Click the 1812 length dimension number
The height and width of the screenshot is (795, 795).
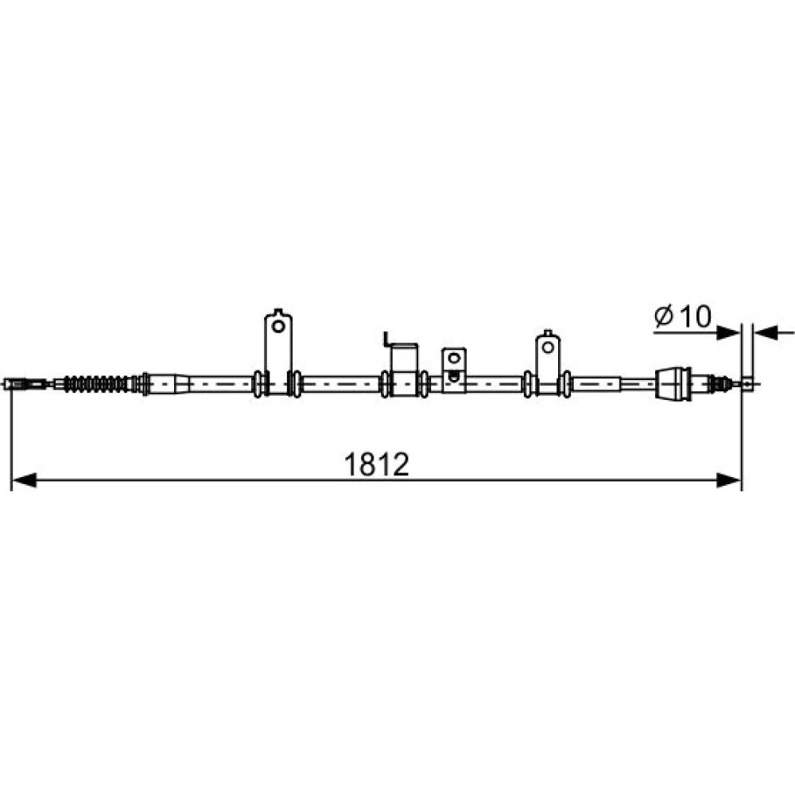tap(376, 464)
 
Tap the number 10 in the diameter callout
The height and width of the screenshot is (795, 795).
tap(695, 316)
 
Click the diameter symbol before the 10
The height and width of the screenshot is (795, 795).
tap(663, 316)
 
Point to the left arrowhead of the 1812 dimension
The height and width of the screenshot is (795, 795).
tap(24, 479)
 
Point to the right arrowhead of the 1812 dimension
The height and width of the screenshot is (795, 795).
tap(728, 479)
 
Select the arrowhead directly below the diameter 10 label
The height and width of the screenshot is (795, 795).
tap(728, 333)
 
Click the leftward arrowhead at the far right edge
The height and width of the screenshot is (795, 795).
tap(766, 333)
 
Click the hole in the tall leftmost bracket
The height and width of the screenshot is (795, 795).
tap(277, 325)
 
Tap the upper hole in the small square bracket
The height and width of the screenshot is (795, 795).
tap(454, 359)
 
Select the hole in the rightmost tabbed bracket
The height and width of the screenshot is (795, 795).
tap(548, 347)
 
